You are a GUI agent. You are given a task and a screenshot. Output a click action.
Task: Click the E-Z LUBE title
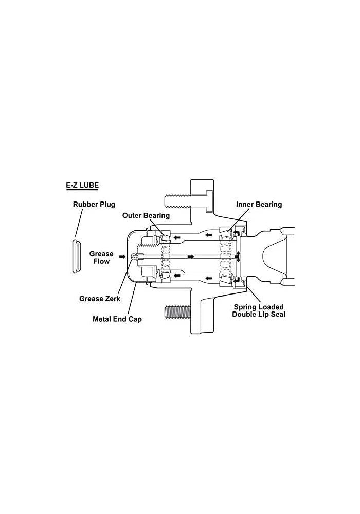pyautogui.click(x=82, y=185)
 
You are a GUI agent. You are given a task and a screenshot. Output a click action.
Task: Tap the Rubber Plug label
pyautogui.click(x=94, y=205)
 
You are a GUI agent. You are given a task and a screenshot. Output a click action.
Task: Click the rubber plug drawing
pyautogui.click(x=76, y=256)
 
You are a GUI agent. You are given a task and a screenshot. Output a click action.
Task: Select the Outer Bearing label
pyautogui.click(x=146, y=215)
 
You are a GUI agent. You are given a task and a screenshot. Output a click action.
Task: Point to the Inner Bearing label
pyautogui.click(x=259, y=204)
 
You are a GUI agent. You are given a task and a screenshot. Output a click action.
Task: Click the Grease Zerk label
pyautogui.click(x=100, y=299)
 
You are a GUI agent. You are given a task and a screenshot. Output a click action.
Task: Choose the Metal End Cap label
pyautogui.click(x=117, y=319)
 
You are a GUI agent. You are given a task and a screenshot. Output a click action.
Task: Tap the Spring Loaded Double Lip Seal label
pyautogui.click(x=259, y=311)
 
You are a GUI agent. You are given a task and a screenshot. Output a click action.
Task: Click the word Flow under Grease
pyautogui.click(x=101, y=261)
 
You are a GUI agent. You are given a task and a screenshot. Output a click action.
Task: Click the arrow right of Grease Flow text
pyautogui.click(x=122, y=256)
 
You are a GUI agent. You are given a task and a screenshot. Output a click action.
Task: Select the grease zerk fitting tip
pyautogui.click(x=133, y=256)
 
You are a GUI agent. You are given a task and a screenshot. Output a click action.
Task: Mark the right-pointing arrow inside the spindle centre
pyautogui.click(x=191, y=256)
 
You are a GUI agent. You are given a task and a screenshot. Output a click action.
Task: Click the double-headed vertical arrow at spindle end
pyautogui.click(x=238, y=256)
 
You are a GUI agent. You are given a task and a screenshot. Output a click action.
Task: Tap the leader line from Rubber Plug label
pyautogui.click(x=79, y=223)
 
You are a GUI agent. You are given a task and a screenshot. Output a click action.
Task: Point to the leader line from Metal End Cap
pyautogui.click(x=133, y=298)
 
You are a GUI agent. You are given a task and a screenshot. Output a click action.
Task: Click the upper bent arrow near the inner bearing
pyautogui.click(x=236, y=232)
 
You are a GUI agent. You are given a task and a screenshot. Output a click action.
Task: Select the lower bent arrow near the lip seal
pyautogui.click(x=236, y=281)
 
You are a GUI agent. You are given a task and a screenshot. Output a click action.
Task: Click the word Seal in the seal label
pyautogui.click(x=278, y=315)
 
